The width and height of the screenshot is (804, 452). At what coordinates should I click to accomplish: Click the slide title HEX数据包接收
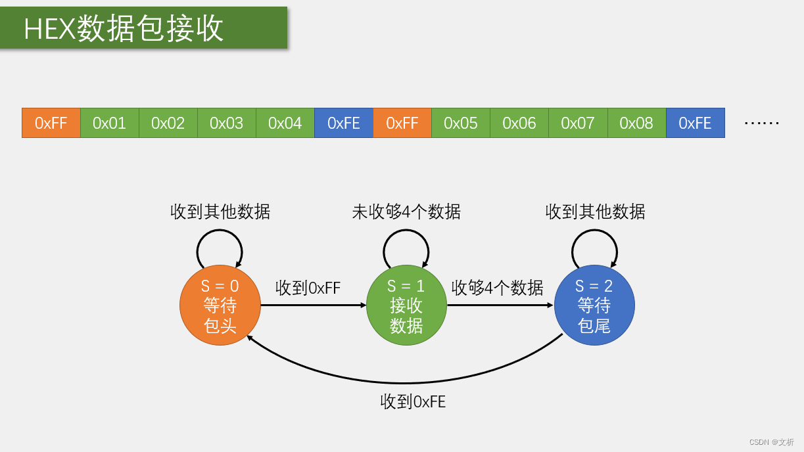point(124,29)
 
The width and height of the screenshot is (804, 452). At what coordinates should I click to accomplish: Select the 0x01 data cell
point(110,123)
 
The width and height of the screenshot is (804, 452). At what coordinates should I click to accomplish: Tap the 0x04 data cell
point(285,123)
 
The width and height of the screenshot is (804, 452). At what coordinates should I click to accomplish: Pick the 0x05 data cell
point(461,123)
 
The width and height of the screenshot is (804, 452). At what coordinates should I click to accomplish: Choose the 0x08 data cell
point(636,123)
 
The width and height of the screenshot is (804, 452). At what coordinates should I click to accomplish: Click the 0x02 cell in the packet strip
point(168,123)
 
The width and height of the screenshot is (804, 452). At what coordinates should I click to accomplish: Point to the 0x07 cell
point(578,123)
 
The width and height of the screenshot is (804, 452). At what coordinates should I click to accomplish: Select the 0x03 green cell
point(227,123)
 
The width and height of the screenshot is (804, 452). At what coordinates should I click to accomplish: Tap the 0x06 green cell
point(519,123)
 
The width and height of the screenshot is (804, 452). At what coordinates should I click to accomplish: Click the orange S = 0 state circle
point(220,305)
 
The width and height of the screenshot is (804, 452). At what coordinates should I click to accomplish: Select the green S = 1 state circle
point(406,305)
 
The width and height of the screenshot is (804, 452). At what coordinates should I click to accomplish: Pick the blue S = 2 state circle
point(594,305)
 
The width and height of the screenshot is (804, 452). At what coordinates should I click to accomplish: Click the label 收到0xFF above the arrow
point(308,288)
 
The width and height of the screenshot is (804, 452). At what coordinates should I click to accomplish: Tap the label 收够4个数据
point(498,288)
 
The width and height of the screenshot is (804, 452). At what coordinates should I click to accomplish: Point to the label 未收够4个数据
point(406,212)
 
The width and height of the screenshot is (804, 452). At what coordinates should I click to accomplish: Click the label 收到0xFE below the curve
point(413,401)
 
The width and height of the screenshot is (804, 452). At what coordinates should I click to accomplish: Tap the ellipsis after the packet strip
point(761,123)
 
